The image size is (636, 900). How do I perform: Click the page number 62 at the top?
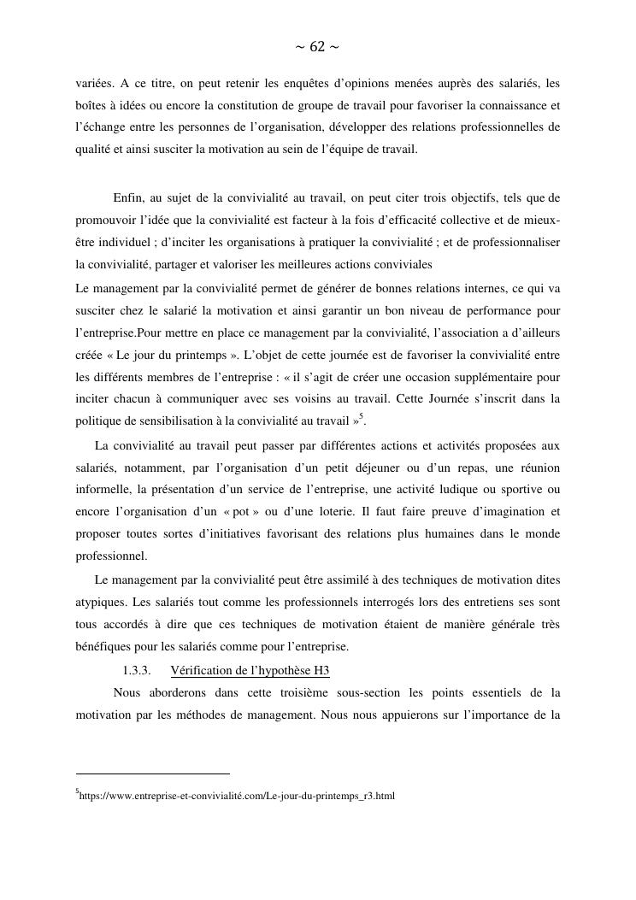pos(317,47)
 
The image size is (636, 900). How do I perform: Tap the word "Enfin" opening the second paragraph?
pos(128,198)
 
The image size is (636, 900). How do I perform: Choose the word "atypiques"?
pos(102,601)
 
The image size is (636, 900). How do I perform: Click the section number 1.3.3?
pos(137,668)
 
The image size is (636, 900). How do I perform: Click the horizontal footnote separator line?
pos(153,774)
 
